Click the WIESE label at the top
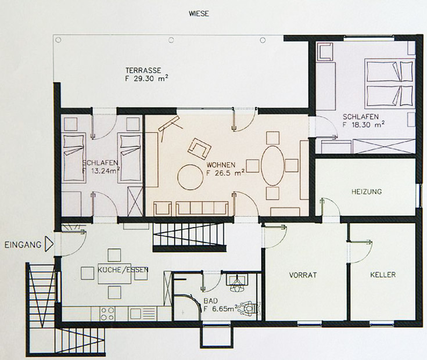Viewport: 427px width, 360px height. pyautogui.click(x=199, y=13)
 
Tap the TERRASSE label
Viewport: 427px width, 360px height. pyautogui.click(x=143, y=70)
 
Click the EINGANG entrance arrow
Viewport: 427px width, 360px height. pyautogui.click(x=49, y=244)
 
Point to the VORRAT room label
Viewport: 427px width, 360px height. pyautogui.click(x=303, y=275)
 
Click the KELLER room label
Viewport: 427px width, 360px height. pyautogui.click(x=383, y=275)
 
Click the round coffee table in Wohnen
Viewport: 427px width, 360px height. pyautogui.click(x=191, y=177)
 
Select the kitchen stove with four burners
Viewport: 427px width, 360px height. pyautogui.click(x=107, y=314)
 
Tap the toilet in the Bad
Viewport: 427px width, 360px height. pyautogui.click(x=247, y=309)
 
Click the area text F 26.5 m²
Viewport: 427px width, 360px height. pyautogui.click(x=225, y=173)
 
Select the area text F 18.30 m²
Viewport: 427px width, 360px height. pyautogui.click(x=364, y=125)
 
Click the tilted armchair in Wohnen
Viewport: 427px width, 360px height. pyautogui.click(x=199, y=149)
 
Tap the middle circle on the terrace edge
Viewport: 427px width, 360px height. pyautogui.click(x=171, y=40)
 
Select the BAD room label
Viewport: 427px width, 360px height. pyautogui.click(x=210, y=301)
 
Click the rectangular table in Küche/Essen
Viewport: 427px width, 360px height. pyautogui.click(x=114, y=273)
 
